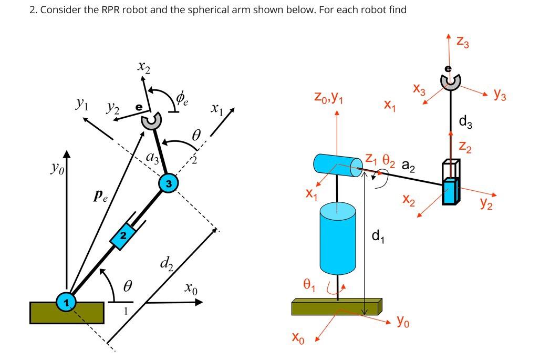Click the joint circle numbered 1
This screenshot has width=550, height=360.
tap(66, 302)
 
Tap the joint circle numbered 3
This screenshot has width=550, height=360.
tap(168, 183)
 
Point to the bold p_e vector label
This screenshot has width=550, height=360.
tap(100, 197)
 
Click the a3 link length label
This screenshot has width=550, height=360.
tap(152, 156)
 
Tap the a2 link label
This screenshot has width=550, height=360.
tap(409, 166)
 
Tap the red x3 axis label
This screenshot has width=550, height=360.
tap(419, 90)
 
